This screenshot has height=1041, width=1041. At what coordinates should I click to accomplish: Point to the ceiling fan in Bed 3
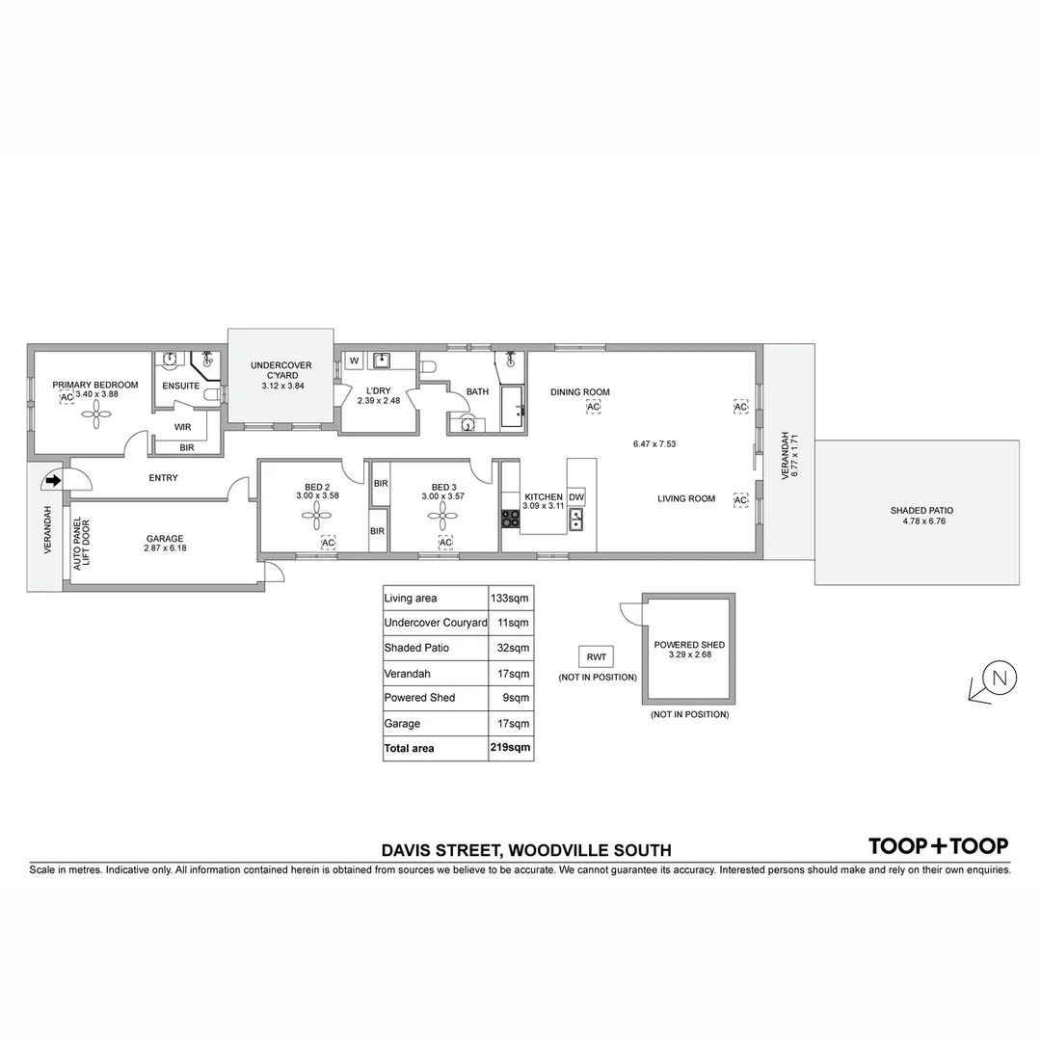(440, 519)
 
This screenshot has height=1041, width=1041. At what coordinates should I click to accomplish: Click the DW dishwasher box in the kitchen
(576, 497)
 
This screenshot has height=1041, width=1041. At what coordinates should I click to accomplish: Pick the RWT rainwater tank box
(597, 657)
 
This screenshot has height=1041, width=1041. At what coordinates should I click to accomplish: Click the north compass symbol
(998, 679)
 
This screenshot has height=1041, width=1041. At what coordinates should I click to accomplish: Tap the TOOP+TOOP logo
(938, 846)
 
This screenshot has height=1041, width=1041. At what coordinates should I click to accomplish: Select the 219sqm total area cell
(510, 747)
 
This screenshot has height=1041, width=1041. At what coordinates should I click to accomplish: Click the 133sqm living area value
(510, 599)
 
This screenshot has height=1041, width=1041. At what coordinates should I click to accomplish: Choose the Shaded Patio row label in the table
(416, 648)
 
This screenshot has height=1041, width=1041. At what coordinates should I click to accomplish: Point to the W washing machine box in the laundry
(354, 361)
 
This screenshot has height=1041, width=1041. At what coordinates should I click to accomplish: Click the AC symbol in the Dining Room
(593, 408)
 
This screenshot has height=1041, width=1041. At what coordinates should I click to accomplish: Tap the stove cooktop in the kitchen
(510, 520)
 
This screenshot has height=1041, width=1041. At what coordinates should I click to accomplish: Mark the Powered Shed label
(689, 645)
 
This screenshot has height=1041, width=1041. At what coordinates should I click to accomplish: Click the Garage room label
(164, 539)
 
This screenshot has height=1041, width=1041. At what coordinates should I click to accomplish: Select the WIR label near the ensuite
(183, 426)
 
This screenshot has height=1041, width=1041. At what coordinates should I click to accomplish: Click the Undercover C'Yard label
(280, 370)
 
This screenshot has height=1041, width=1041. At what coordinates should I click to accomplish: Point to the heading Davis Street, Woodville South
(526, 850)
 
